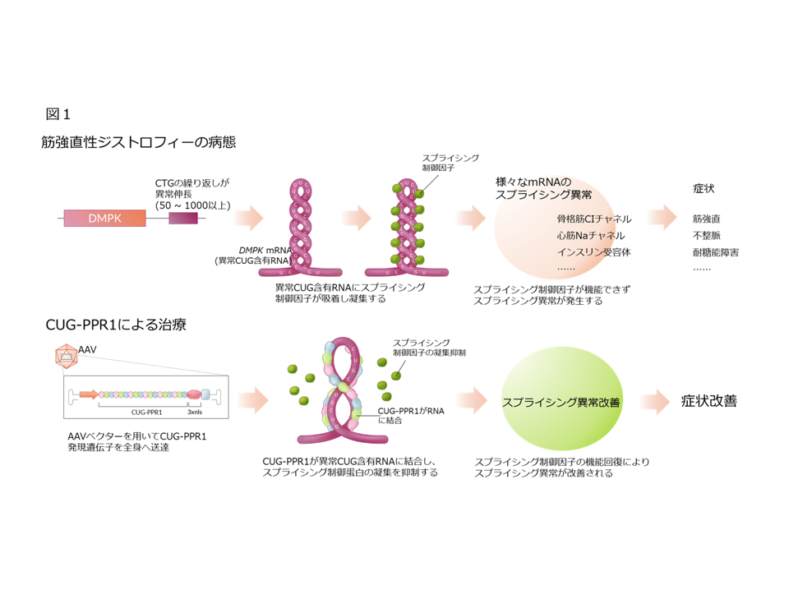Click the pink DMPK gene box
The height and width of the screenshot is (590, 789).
pos(104,219)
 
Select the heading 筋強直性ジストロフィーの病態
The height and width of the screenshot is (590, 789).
pos(139,142)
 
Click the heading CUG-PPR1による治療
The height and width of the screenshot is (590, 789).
pos(114,325)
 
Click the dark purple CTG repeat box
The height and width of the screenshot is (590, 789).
pos(183,219)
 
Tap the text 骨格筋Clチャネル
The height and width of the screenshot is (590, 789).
pos(594,219)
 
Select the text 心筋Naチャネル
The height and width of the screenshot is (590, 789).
pos(590,236)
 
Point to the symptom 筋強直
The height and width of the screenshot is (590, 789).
pos(708,219)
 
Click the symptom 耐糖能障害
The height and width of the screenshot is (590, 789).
pos(715,252)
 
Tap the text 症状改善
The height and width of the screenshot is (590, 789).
pos(708,402)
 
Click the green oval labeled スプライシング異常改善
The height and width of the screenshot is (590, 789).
pos(561,402)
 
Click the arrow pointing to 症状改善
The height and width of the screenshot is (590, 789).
pos(657,402)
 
